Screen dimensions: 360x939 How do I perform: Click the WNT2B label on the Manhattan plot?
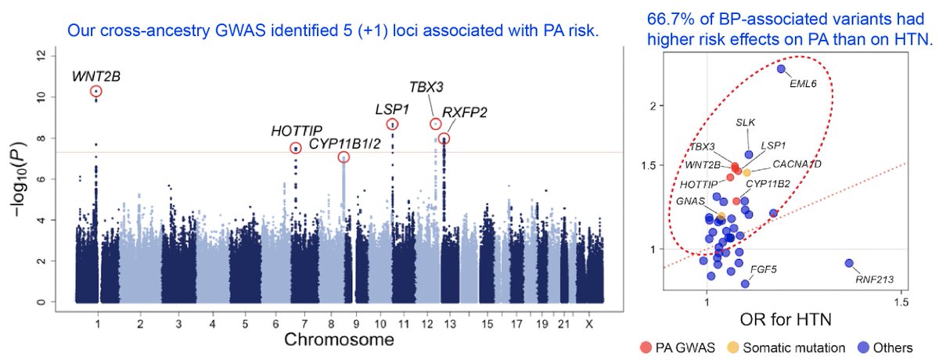pos(96,76)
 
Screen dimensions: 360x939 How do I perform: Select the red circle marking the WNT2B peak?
pos(95,92)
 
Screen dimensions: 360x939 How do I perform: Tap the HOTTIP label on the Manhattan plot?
pos(295,131)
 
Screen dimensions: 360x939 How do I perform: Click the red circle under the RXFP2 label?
pos(444,139)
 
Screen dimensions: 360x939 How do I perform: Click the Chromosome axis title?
pos(338,340)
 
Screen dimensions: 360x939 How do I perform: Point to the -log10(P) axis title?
pos(17,178)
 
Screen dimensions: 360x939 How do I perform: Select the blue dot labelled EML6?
pos(781,69)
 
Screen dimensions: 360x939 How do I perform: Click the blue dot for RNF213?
pos(849,264)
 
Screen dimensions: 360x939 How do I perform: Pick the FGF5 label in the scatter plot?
pos(763,270)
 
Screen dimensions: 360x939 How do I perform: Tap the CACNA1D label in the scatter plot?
pos(797,164)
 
